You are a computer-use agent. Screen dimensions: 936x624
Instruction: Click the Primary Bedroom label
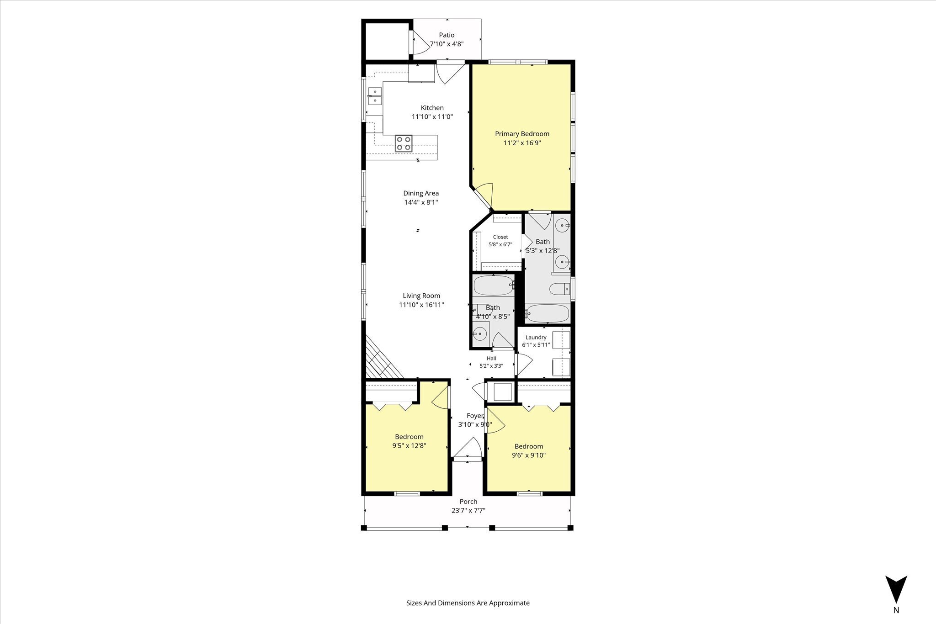(x=522, y=134)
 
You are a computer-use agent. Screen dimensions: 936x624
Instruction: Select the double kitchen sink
(x=375, y=96)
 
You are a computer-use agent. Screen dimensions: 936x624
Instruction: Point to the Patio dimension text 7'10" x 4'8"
(x=447, y=44)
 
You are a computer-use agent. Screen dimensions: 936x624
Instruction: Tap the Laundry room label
(x=536, y=338)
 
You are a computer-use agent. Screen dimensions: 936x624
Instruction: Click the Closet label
(x=500, y=237)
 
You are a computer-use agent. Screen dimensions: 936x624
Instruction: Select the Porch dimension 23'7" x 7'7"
(x=468, y=511)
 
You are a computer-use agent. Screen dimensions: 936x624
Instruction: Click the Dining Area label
(x=421, y=193)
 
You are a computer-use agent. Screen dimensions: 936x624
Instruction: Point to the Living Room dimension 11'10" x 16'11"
(x=421, y=305)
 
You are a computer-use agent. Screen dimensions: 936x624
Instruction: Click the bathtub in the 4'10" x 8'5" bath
(x=494, y=286)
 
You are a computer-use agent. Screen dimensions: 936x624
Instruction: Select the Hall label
(x=491, y=359)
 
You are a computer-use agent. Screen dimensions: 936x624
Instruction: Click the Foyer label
(x=475, y=416)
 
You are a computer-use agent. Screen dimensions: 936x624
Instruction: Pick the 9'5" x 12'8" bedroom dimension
(x=409, y=446)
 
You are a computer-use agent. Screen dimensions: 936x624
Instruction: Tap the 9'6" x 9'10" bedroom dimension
(x=529, y=455)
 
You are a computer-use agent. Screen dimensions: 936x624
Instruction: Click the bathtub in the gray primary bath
(x=548, y=313)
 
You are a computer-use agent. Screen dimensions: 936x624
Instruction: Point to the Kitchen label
(x=432, y=108)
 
